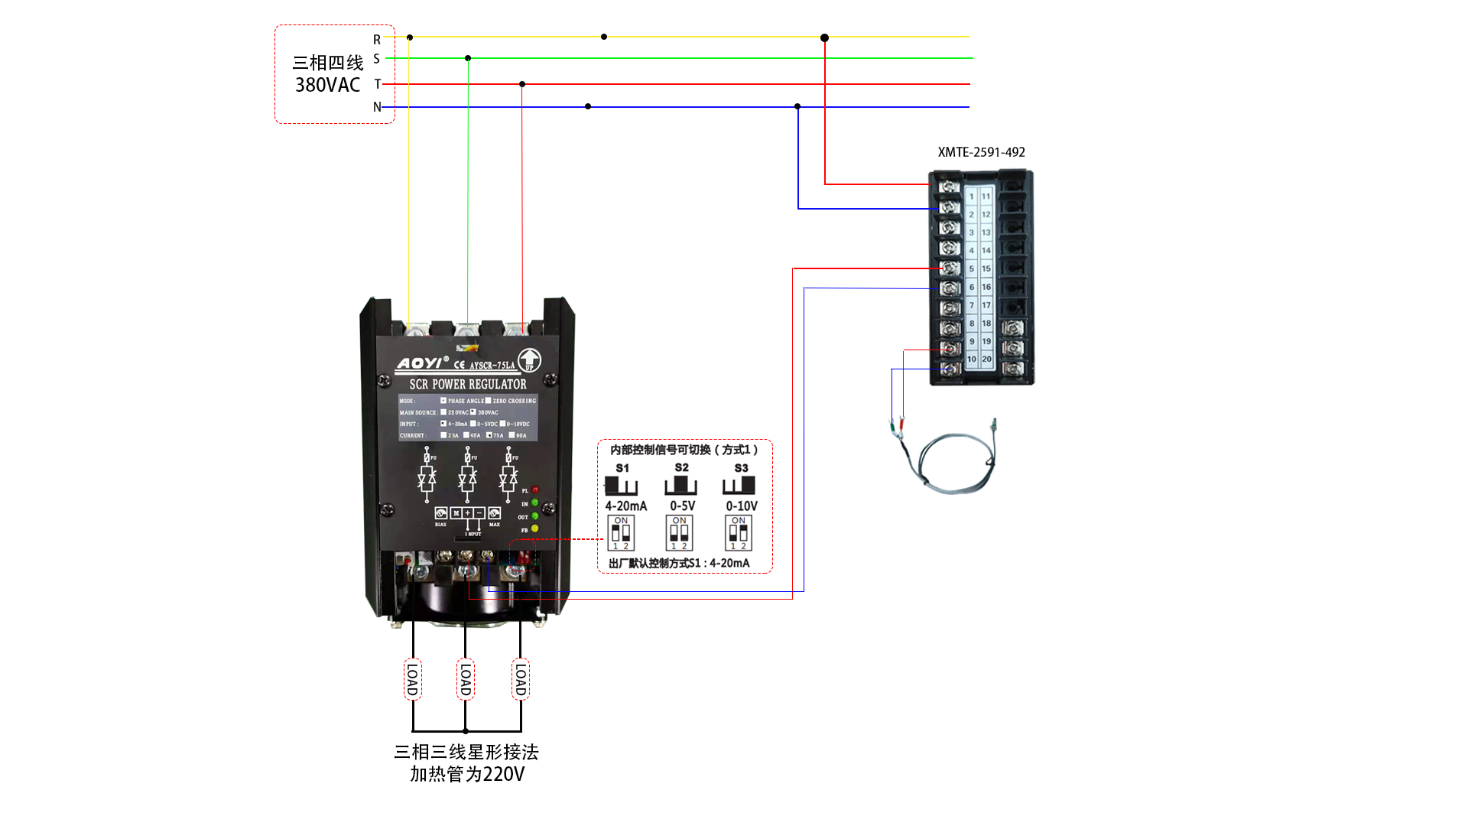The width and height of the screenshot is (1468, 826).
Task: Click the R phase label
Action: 377,40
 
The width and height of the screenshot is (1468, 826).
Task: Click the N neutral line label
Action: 377,107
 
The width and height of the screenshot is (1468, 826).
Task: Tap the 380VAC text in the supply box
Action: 327,85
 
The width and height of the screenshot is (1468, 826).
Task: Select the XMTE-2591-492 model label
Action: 981,152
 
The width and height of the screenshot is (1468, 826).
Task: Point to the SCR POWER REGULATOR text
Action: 467,384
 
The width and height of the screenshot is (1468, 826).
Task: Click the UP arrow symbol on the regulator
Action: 529,359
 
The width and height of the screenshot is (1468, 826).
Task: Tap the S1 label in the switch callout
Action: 622,468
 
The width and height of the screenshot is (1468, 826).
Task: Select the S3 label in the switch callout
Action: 741,468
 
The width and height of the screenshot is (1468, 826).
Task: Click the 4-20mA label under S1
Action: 625,506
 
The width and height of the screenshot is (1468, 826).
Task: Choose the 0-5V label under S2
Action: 682,506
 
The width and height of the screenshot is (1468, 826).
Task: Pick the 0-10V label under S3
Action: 741,506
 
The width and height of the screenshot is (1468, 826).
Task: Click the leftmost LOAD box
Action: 412,679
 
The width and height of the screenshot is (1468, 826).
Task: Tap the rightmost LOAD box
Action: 521,679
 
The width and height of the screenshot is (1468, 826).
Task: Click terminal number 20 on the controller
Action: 986,359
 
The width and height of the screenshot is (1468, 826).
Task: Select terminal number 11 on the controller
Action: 986,197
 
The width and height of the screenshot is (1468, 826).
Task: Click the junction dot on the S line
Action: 468,58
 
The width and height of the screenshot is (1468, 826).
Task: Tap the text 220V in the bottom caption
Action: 503,775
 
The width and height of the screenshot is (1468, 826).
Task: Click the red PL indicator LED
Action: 535,489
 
